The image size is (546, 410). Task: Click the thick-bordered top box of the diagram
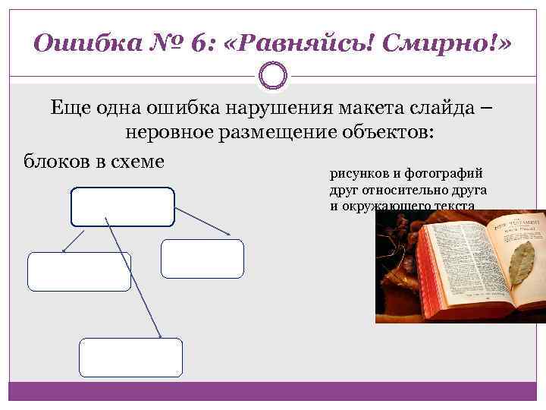pyautogui.click(x=122, y=207)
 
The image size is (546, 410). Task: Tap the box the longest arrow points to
pyautogui.click(x=130, y=358)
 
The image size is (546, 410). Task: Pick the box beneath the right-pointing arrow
pyautogui.click(x=202, y=259)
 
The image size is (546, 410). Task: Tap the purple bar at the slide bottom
pyautogui.click(x=273, y=391)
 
